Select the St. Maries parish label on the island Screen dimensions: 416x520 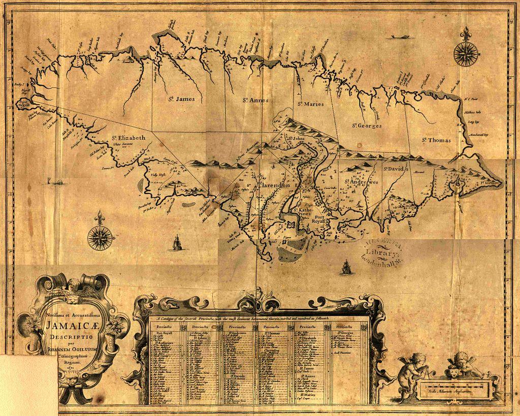pos(310,104)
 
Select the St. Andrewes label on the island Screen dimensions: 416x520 pos(362,181)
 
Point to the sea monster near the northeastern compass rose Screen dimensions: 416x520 pos(401,37)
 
